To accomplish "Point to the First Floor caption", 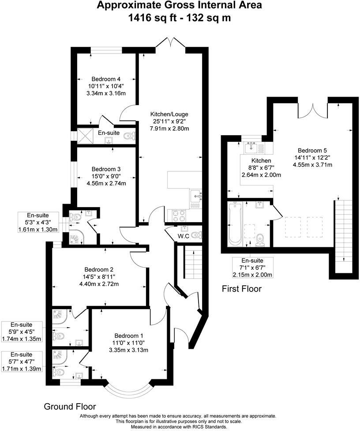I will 242,289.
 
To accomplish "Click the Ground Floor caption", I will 70,406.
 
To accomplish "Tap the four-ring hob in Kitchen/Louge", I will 180,215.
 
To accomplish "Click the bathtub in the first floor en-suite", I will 235,224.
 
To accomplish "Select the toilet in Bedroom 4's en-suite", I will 129,136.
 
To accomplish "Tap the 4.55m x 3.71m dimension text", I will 312,165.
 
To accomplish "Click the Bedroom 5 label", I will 312,150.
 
